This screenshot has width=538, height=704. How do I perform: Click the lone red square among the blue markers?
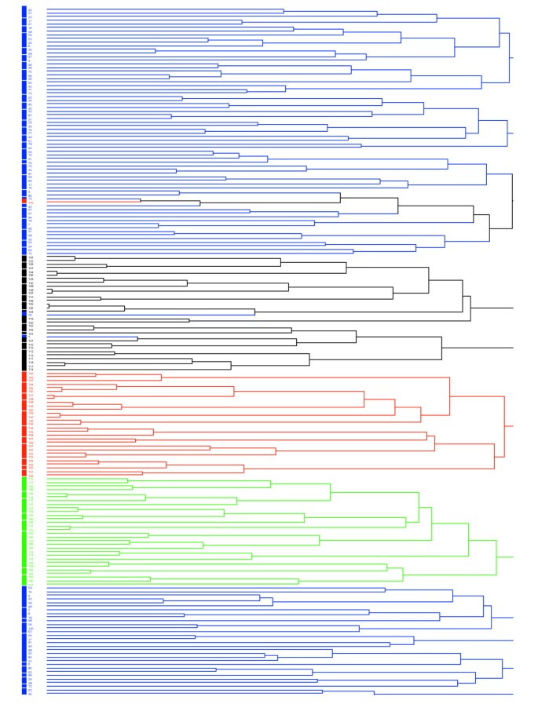(24, 201)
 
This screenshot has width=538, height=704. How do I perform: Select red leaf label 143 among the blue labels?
(31, 201)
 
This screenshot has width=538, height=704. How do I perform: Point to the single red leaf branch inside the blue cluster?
(93, 200)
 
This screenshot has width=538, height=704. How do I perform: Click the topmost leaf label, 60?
(31, 9)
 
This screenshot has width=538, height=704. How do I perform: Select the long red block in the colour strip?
(24, 424)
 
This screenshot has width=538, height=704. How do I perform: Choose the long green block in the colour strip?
(24, 530)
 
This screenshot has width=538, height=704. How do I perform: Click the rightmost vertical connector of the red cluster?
(504, 426)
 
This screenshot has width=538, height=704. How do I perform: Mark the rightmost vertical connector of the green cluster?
(496, 557)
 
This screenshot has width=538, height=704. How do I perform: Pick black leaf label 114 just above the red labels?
(31, 368)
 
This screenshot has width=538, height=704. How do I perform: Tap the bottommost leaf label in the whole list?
(31, 694)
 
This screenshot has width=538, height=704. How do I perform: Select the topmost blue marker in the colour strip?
(24, 9)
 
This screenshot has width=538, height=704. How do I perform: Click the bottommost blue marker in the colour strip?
(24, 693)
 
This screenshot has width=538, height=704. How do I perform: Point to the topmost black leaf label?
(31, 257)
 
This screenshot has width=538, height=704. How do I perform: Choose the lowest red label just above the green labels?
(31, 474)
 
